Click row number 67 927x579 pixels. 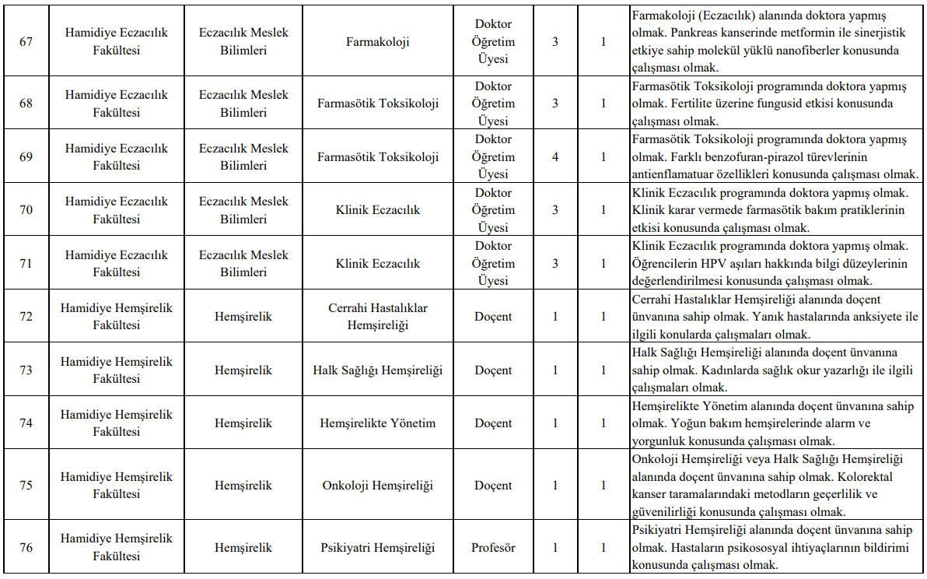click(x=26, y=42)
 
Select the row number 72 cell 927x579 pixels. click(x=26, y=317)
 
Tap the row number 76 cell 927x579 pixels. click(x=26, y=547)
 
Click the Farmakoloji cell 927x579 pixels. click(x=378, y=42)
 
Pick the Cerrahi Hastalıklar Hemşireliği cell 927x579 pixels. click(x=378, y=317)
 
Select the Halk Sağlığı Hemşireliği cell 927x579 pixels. click(x=378, y=370)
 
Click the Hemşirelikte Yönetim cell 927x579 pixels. click(x=378, y=423)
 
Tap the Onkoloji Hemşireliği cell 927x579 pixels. click(x=378, y=486)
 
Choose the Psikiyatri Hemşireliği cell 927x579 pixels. click(x=378, y=547)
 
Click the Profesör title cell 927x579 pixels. click(x=493, y=547)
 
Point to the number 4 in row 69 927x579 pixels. click(x=555, y=156)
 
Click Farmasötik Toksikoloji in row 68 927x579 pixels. click(x=378, y=103)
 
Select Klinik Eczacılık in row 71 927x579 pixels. click(x=378, y=264)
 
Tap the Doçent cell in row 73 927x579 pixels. click(x=493, y=370)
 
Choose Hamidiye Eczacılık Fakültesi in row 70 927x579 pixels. click(x=117, y=210)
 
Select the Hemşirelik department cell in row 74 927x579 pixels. click(x=243, y=423)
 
